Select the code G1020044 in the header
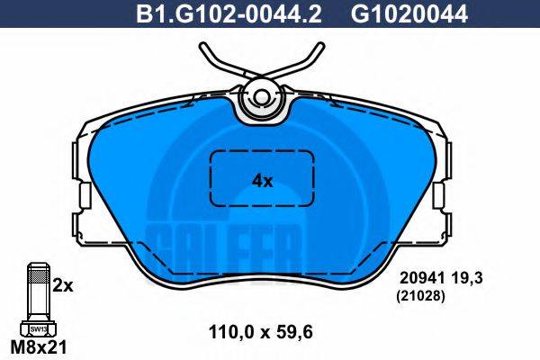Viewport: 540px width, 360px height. click(397, 13)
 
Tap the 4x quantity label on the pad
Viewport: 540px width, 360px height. click(261, 180)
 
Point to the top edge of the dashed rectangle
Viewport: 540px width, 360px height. click(261, 150)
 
